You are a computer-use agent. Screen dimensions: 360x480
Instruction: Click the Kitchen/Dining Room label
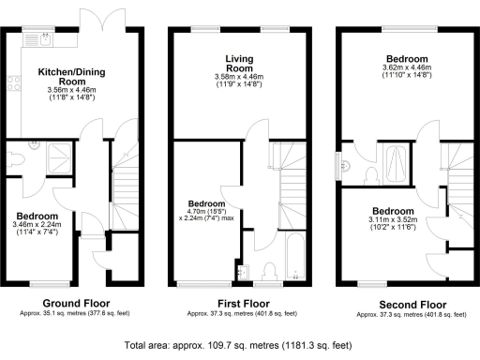[64, 76]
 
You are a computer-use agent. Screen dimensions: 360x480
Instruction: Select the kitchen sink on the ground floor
[45, 39]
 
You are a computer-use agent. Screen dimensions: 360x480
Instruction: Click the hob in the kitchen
[12, 83]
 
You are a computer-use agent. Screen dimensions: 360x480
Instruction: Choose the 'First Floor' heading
[239, 303]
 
